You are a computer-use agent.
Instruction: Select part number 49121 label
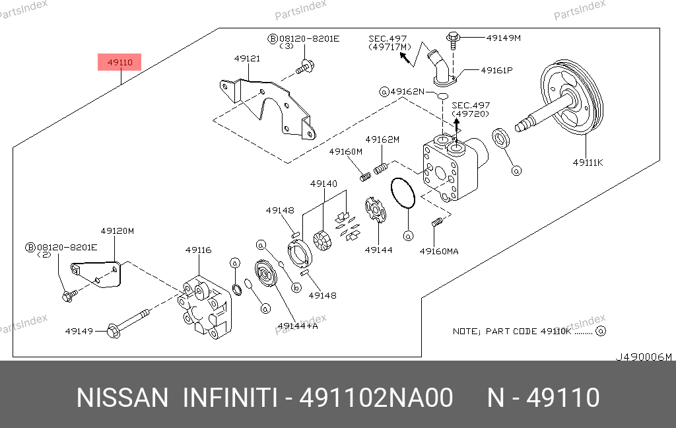tap(247, 59)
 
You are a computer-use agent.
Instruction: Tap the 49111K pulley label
tap(588, 162)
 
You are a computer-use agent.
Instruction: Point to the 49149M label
tap(503, 38)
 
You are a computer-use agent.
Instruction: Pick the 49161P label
tap(496, 69)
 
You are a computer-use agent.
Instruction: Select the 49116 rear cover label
tap(198, 250)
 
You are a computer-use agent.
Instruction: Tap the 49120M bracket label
tap(117, 231)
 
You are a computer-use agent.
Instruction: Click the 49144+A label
tap(298, 325)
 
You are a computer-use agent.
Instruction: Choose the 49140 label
tap(324, 184)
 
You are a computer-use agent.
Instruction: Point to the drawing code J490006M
tap(643, 357)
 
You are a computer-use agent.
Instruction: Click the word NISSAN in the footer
tap(123, 398)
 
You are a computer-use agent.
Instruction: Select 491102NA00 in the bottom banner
tap(376, 398)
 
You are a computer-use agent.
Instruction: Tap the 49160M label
tap(346, 152)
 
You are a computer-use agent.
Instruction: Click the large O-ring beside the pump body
tap(402, 193)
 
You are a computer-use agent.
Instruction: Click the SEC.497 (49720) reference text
tap(471, 110)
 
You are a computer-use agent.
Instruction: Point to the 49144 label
tap(378, 250)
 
